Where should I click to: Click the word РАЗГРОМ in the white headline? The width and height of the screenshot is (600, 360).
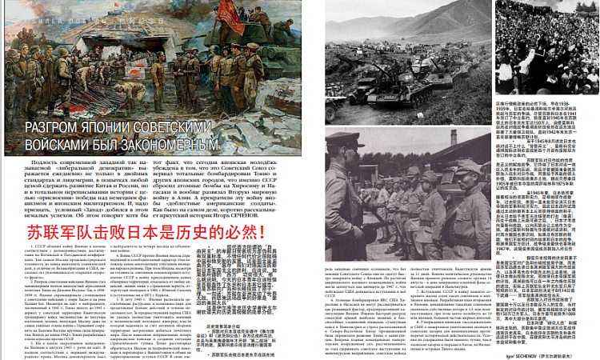coord(57,128)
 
